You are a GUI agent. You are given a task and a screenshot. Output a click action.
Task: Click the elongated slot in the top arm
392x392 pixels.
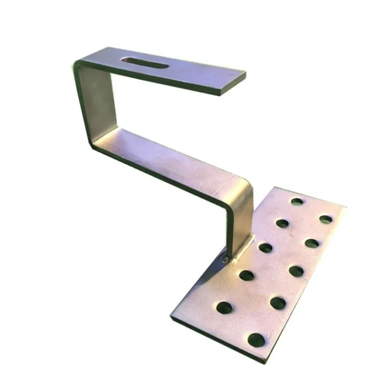(145, 62)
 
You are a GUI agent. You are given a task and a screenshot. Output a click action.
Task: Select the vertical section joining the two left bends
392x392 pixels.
(91, 102)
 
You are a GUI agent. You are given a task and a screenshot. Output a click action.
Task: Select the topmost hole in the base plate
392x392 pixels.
(297, 201)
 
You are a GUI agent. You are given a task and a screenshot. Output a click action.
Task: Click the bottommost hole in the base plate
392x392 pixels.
(256, 339)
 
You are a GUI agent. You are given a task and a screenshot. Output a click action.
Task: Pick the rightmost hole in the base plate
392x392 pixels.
(325, 219)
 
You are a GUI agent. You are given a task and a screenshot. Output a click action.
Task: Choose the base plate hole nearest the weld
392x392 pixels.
(265, 248)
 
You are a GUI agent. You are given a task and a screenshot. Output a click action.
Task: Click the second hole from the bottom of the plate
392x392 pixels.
(278, 303)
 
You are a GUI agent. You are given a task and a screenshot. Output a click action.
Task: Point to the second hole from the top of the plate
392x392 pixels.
(282, 223)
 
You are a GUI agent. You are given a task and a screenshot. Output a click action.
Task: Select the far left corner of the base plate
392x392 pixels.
(172, 317)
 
